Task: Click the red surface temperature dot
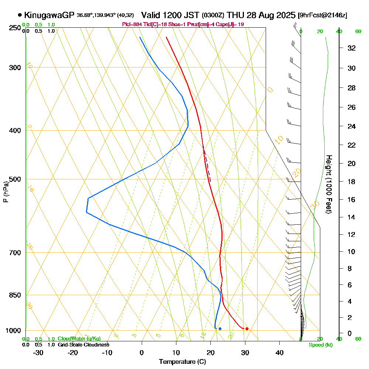pos(247,329)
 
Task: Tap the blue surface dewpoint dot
pos(220,329)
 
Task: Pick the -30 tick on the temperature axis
pos(38,352)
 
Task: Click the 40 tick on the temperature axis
pos(279,352)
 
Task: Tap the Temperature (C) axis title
pos(182,362)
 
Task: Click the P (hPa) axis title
pos(6,192)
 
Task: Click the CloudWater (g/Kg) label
pos(79,339)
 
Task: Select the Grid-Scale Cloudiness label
pos(83,345)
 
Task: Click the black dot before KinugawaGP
pos(20,15)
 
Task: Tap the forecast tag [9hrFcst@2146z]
pos(323,15)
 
